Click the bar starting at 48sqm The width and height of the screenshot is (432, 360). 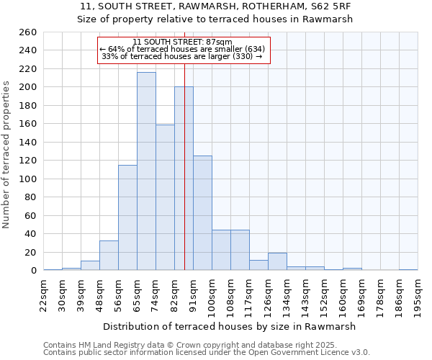(x=109, y=256)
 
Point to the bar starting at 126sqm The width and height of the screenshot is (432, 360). (x=277, y=262)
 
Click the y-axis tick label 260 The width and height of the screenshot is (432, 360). (x=27, y=32)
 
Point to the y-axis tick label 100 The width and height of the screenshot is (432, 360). (x=27, y=179)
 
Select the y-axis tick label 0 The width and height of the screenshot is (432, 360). (x=33, y=271)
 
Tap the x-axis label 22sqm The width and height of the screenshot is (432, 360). (x=43, y=293)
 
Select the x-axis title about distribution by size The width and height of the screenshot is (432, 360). (x=230, y=326)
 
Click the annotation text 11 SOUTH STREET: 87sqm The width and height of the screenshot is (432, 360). (x=183, y=42)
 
